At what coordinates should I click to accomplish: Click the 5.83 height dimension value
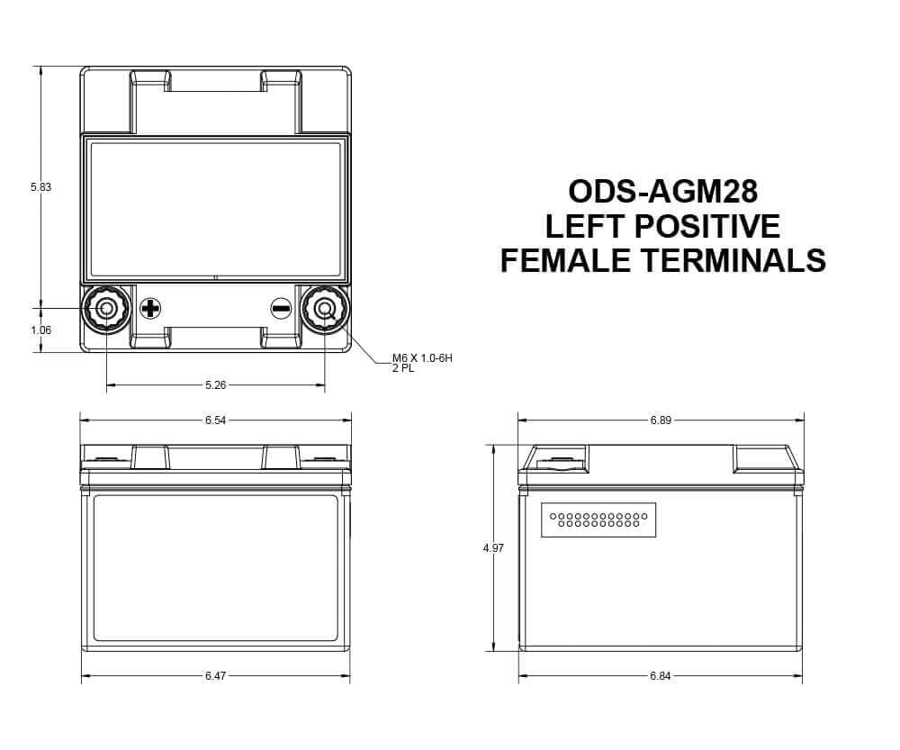tap(40, 187)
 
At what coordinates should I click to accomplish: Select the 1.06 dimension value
tap(40, 330)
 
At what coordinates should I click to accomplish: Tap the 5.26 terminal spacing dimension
tap(216, 385)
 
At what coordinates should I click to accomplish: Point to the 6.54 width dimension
tap(215, 420)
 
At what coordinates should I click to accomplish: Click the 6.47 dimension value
tap(215, 675)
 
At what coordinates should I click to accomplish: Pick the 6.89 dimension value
tap(661, 420)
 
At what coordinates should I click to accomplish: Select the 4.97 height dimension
tap(493, 547)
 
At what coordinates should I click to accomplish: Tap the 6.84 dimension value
tap(661, 675)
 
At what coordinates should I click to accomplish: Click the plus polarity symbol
tap(151, 309)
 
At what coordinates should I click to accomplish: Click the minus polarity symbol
tap(281, 309)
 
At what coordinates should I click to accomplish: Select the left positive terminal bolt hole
tap(106, 309)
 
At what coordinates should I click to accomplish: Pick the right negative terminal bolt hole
tap(325, 309)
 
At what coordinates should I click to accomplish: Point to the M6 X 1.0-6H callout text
tap(421, 358)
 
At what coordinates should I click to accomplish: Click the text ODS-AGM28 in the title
tap(662, 192)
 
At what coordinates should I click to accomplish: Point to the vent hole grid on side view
tap(598, 520)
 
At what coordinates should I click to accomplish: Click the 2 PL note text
tap(402, 368)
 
